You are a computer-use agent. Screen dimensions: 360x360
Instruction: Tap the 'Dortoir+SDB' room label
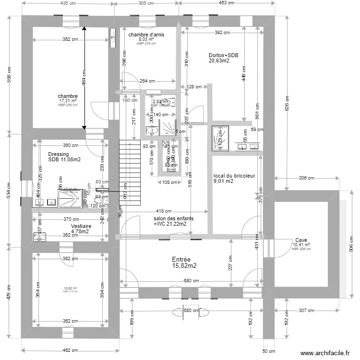(223, 55)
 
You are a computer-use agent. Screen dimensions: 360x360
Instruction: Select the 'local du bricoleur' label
(234, 176)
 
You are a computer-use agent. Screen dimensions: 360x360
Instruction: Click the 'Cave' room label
(301, 240)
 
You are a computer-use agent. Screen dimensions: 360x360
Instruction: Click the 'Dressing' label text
(59, 155)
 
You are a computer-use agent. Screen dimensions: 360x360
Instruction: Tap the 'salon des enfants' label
(173, 218)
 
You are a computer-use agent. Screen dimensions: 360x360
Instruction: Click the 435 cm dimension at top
(68, 3)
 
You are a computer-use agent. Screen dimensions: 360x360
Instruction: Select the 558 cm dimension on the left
(8, 86)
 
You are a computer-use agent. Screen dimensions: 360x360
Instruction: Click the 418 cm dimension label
(164, 211)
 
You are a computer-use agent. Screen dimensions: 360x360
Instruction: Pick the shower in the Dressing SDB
(71, 197)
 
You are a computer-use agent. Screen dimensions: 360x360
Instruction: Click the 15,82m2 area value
(184, 265)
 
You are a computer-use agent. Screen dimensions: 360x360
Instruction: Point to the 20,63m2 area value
(218, 61)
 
